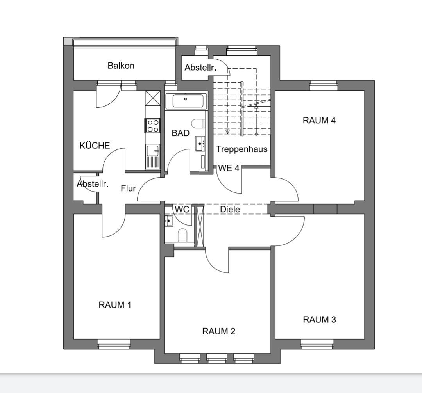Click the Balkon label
[121, 66]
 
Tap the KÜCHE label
[95, 146]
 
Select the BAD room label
[181, 133]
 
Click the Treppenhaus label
[242, 149]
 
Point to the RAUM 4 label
[319, 121]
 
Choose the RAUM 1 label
[115, 305]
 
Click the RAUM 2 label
[219, 331]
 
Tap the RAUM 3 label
[320, 320]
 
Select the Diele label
[230, 210]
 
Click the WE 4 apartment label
[229, 168]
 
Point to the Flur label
[129, 188]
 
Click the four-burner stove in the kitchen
[153, 126]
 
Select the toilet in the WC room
[182, 235]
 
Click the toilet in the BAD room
[198, 124]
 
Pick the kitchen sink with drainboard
[153, 157]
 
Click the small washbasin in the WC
[168, 221]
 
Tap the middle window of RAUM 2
[217, 358]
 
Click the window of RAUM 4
[323, 85]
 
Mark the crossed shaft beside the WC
[200, 226]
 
